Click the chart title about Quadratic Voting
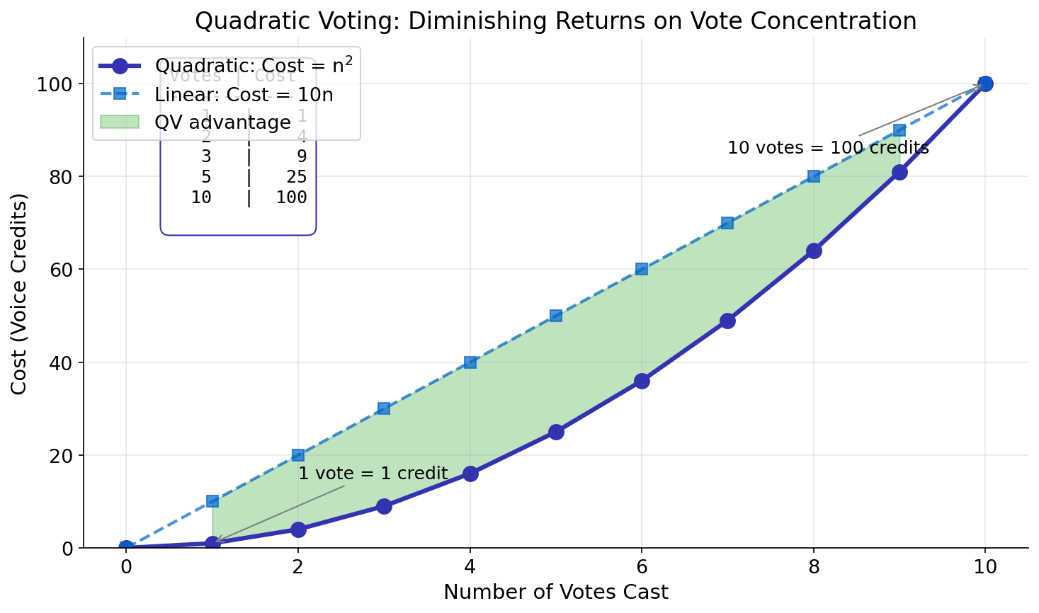click(555, 21)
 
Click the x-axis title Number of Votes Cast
click(555, 592)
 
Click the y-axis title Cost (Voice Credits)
click(19, 293)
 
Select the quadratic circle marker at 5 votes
click(556, 432)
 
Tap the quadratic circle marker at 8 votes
click(814, 251)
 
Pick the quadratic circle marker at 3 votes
click(384, 506)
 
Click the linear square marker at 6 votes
click(642, 269)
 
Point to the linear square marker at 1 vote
click(212, 501)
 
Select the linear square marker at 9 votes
click(899, 130)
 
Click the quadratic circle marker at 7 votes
click(727, 321)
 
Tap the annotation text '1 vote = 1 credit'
click(373, 474)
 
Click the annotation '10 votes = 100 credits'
click(828, 148)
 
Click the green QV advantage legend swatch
click(120, 122)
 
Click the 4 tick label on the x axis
click(470, 567)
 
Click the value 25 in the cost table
click(297, 177)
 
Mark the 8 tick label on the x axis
click(814, 567)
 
